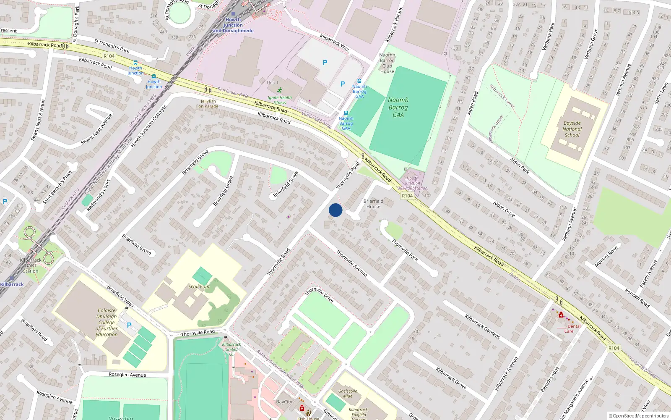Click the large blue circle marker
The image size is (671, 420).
coord(335,210)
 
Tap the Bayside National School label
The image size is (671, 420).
coord(572,129)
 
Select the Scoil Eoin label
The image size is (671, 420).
coord(199,286)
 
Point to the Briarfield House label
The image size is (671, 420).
coord(373,204)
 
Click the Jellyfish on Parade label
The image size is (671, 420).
coord(208,104)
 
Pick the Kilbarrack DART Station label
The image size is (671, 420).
coord(31,265)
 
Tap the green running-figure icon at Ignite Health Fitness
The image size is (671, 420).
coord(280,90)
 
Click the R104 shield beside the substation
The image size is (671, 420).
coord(407,196)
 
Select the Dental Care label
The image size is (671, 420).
coord(571,328)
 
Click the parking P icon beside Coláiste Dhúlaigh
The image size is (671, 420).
coord(129,325)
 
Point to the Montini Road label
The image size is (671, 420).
coord(606,256)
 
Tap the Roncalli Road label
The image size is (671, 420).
coord(637,298)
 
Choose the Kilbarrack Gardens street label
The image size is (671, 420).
coord(482,326)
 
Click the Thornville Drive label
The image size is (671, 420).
coord(319,294)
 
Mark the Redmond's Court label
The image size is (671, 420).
coord(98,195)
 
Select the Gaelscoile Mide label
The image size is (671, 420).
coord(348,394)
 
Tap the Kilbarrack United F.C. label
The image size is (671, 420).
coord(231,349)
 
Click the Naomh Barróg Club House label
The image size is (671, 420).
coord(387,63)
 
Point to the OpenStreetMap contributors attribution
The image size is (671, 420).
coord(640,416)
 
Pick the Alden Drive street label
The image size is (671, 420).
coord(504,209)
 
